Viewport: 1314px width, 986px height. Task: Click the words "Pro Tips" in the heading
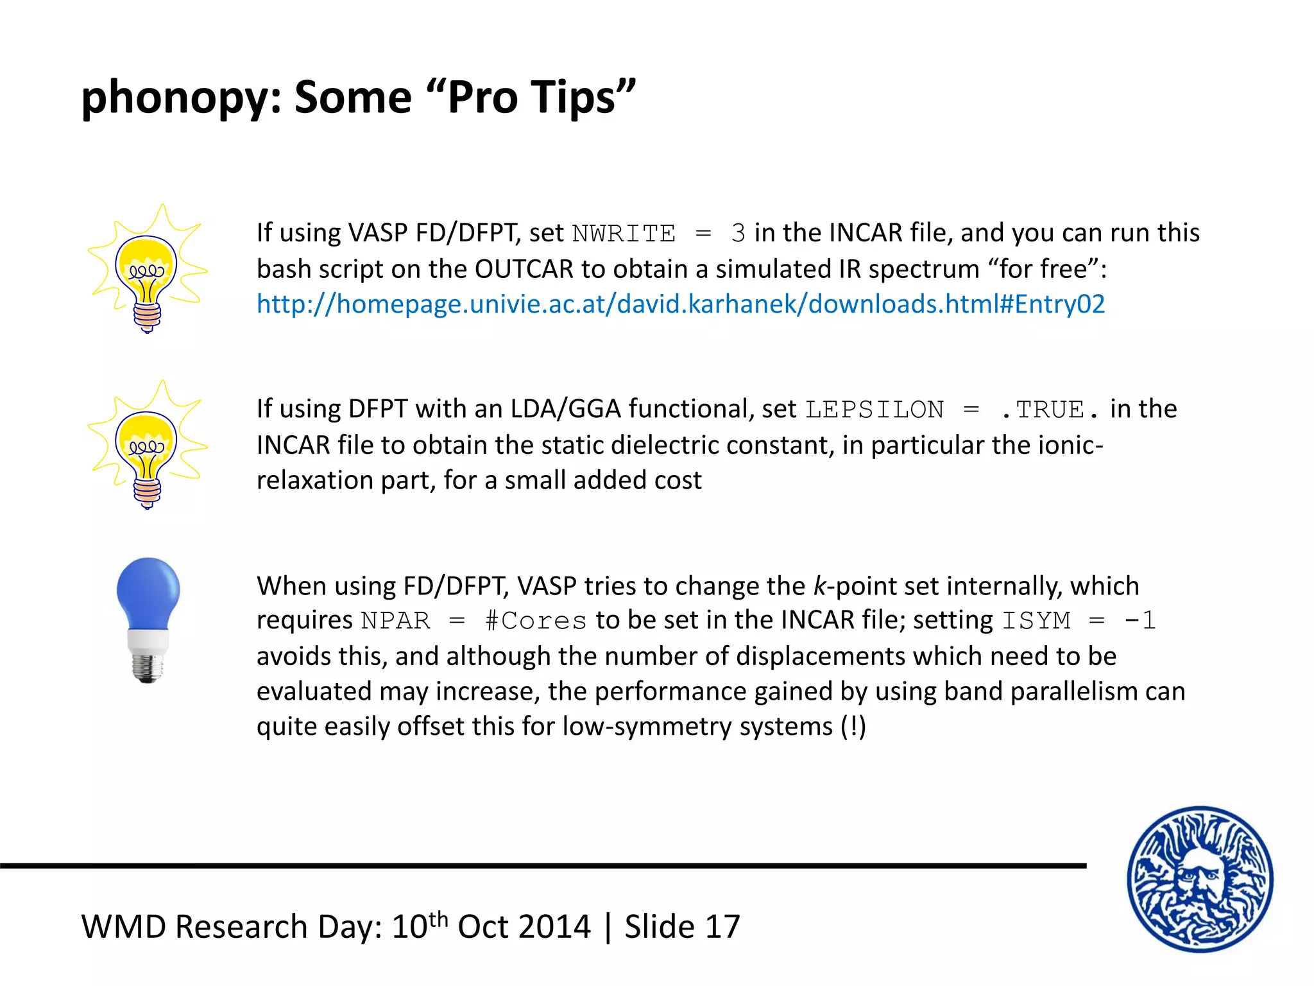531,97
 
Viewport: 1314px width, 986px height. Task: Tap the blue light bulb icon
148,619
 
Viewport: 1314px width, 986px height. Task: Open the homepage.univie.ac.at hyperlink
680,304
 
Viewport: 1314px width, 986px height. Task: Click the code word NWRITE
623,234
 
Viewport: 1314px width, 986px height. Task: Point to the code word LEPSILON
874,410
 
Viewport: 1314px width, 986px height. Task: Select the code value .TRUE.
1049,410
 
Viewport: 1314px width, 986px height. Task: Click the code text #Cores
535,621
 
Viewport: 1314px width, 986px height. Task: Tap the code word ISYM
1036,621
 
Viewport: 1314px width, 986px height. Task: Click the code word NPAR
395,621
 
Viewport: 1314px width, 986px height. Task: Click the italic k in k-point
819,586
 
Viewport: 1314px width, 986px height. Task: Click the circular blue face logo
1200,879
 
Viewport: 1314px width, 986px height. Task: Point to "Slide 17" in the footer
682,927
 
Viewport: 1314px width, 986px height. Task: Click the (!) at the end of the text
853,727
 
